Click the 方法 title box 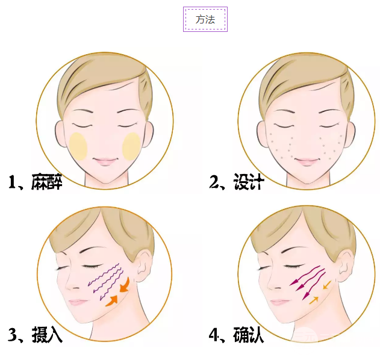pos(205,19)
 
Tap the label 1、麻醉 pos(36,182)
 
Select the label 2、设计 pos(236,182)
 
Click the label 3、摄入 pos(36,335)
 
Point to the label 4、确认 pos(236,335)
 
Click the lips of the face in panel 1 pos(105,162)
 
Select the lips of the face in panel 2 pos(306,162)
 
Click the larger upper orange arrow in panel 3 pos(125,284)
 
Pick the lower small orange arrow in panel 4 pos(314,299)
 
